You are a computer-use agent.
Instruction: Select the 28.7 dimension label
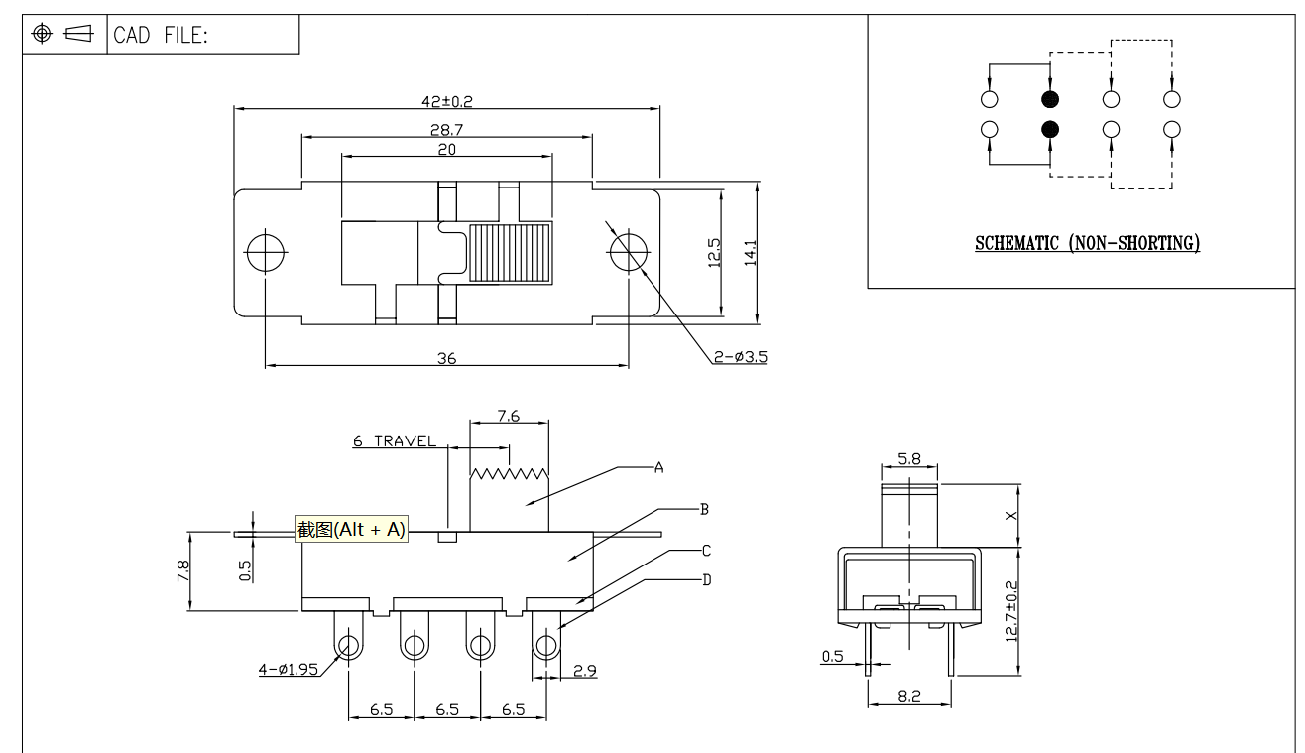tap(445, 130)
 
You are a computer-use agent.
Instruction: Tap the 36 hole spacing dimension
tap(446, 358)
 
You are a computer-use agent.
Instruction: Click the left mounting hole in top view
tap(265, 252)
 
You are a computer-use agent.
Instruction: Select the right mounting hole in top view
tap(627, 252)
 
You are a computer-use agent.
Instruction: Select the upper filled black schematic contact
tap(1050, 99)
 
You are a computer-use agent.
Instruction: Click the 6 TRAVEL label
tap(394, 441)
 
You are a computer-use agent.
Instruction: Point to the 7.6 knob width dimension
tap(508, 418)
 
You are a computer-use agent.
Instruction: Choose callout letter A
tap(657, 466)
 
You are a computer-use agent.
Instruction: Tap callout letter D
tap(706, 579)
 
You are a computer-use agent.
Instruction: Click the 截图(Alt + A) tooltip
tap(352, 529)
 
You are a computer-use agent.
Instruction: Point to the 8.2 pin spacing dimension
tap(908, 697)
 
